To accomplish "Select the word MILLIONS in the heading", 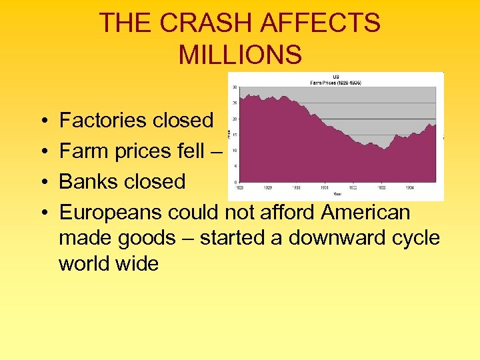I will tap(240, 55).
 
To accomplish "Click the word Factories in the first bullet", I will tap(103, 121).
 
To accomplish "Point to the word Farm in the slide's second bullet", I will tap(82, 151).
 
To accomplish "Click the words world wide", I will tap(109, 264).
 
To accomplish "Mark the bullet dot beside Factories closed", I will tap(42, 121).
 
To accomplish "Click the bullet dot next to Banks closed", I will tap(42, 182).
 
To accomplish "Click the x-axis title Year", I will tap(337, 194).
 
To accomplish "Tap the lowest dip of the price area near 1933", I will tap(384, 149).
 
